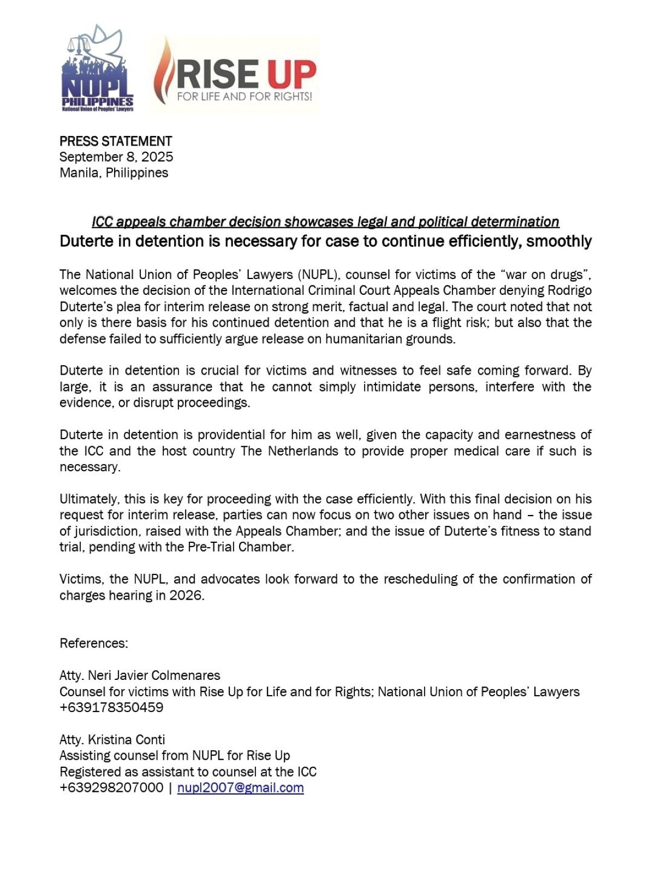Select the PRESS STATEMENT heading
(116, 141)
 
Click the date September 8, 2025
(116, 157)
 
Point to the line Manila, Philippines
(114, 173)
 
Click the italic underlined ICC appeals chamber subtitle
(325, 222)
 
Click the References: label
(94, 643)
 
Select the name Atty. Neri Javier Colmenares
(140, 675)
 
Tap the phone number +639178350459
(111, 708)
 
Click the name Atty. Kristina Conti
(112, 740)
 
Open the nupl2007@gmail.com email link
(240, 788)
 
